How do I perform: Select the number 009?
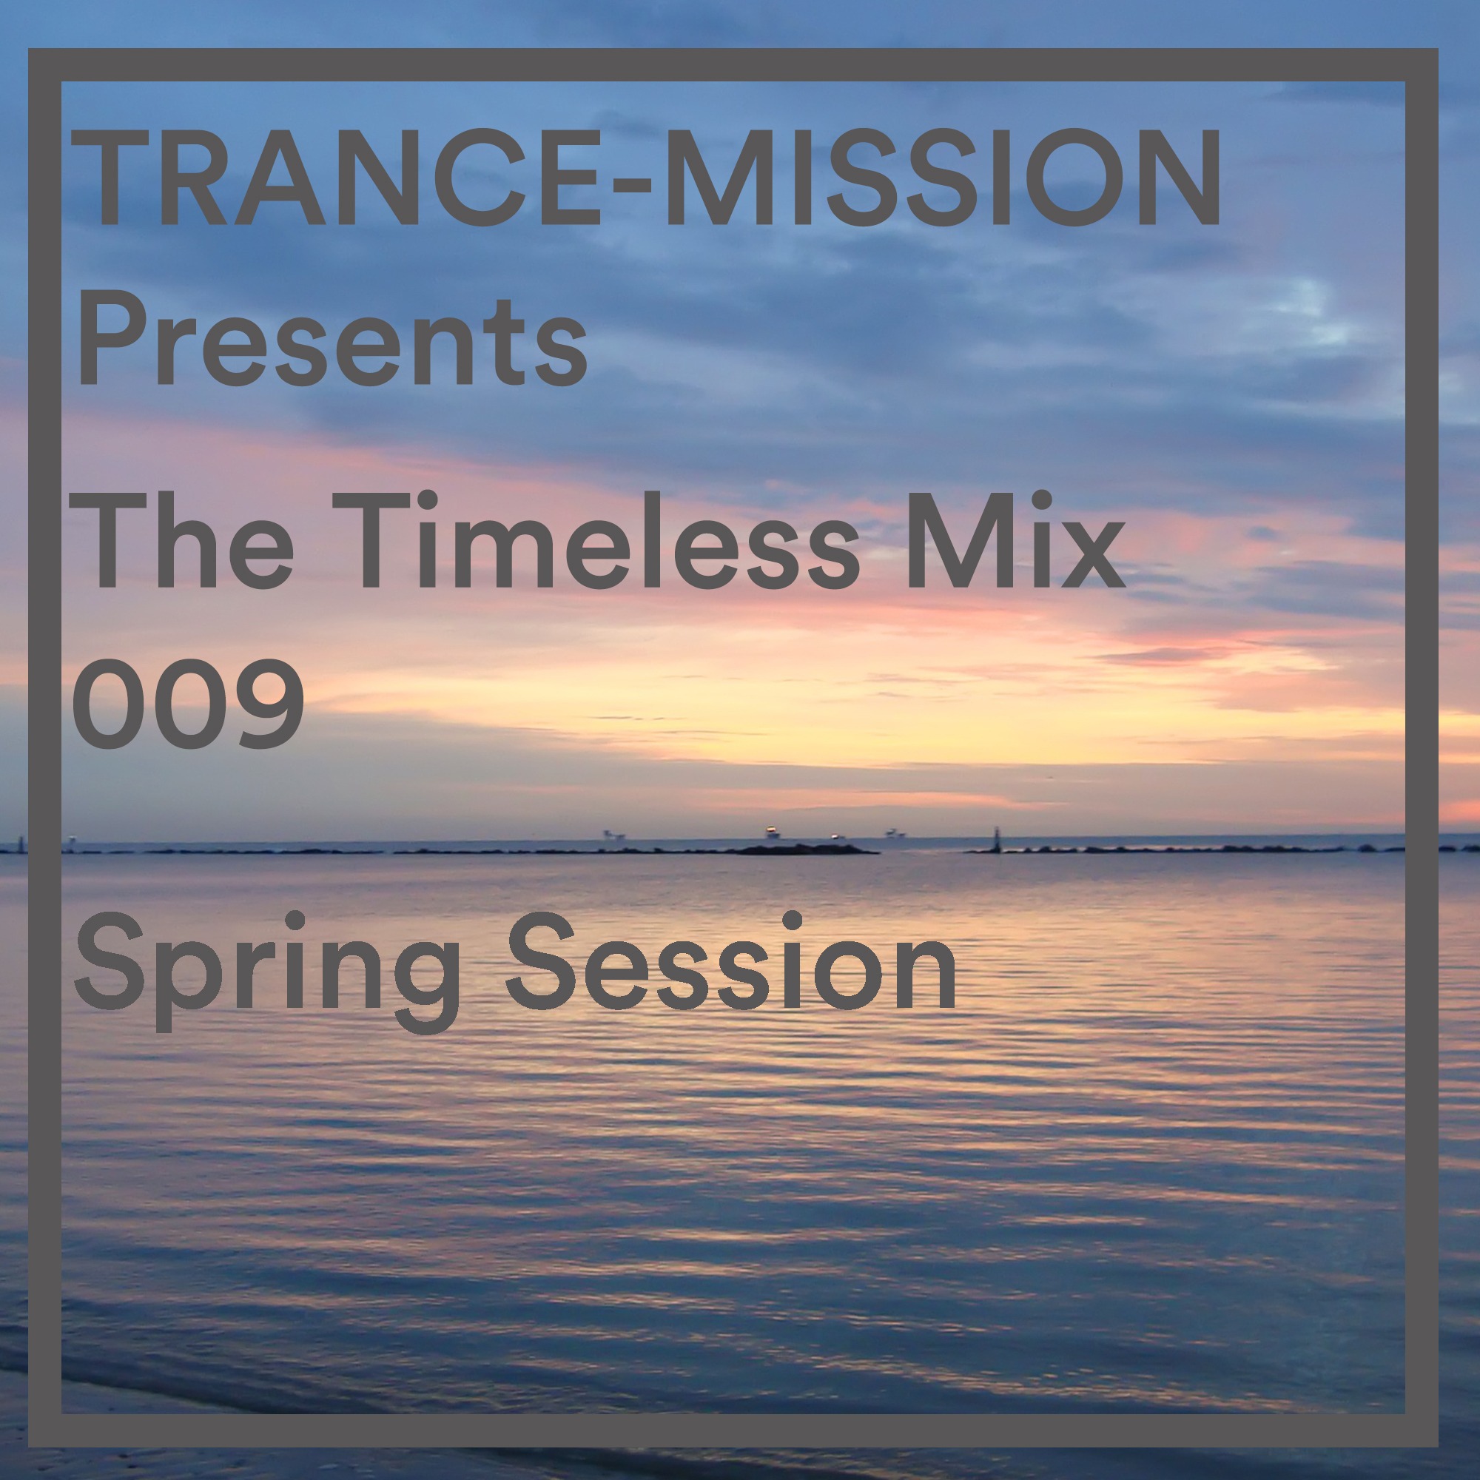[x=189, y=703]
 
